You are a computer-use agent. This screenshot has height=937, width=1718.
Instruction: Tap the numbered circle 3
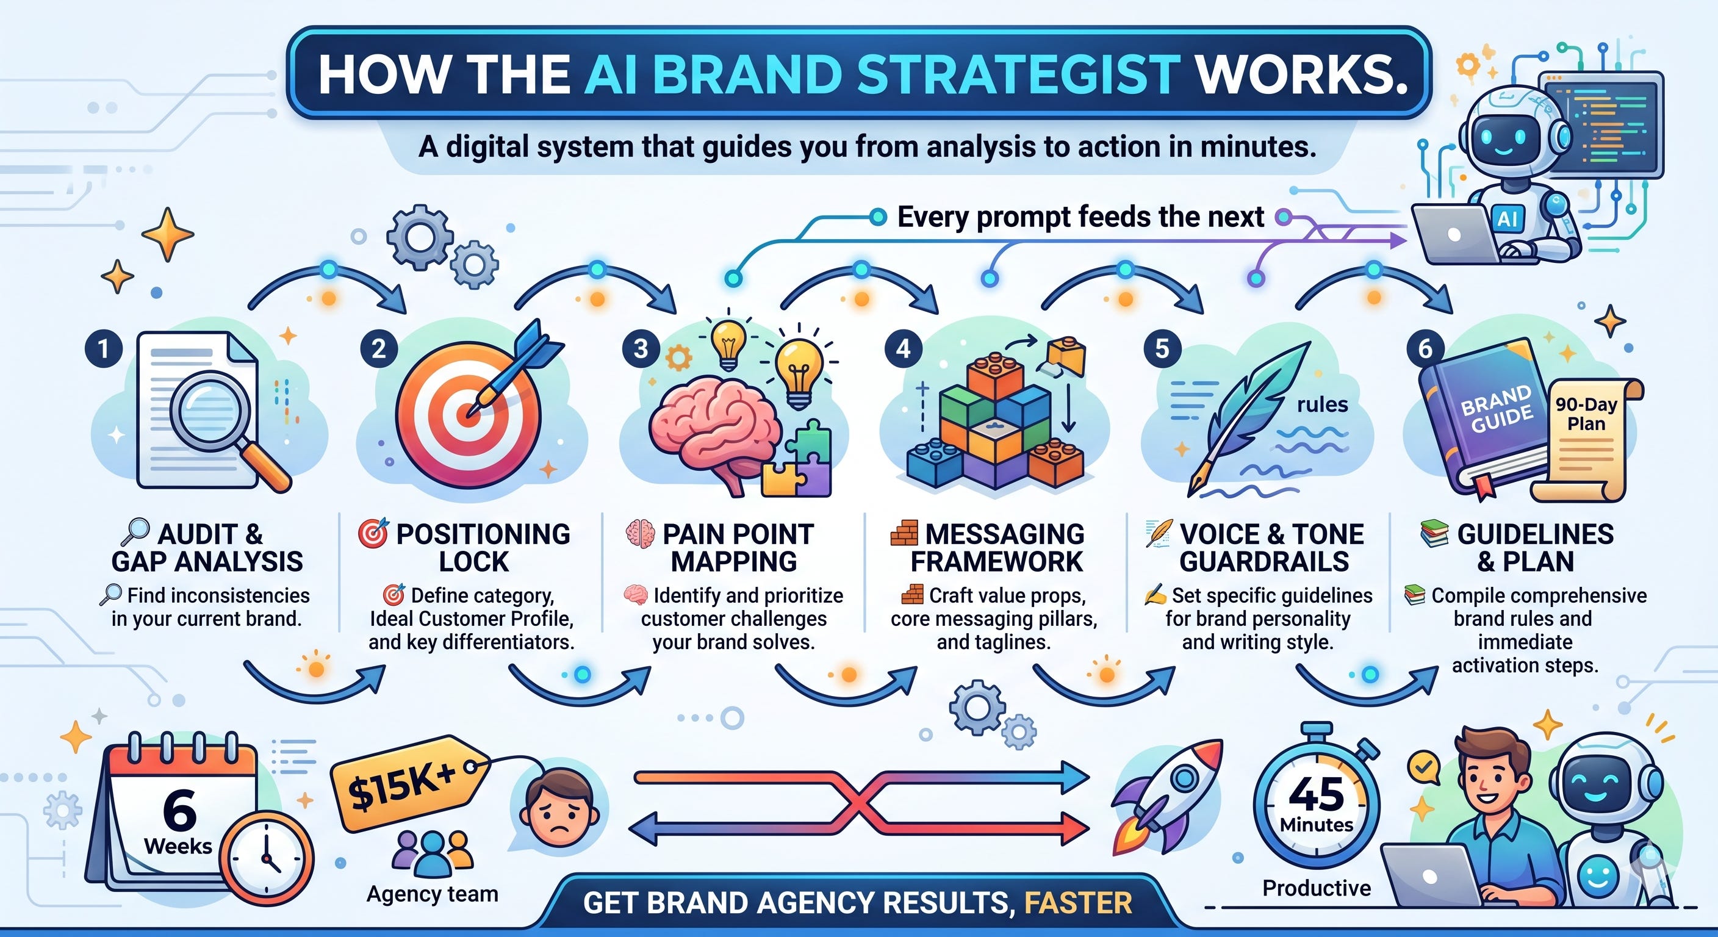pyautogui.click(x=641, y=348)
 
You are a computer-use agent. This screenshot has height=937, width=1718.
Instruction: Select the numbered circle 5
pyautogui.click(x=1162, y=348)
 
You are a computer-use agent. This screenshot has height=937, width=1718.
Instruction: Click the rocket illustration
pyautogui.click(x=1167, y=797)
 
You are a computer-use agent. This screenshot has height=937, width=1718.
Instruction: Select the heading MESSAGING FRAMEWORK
pyautogui.click(x=997, y=548)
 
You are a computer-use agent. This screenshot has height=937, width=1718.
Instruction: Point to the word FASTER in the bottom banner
pyautogui.click(x=1079, y=903)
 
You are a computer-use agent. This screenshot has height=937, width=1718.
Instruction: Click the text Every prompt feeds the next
pyautogui.click(x=1080, y=217)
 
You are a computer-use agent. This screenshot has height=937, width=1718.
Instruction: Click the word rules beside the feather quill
pyautogui.click(x=1322, y=405)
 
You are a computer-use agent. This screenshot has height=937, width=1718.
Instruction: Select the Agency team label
pyautogui.click(x=432, y=894)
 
